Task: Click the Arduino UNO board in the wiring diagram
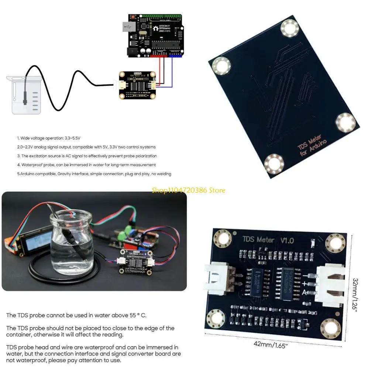tap(155, 36)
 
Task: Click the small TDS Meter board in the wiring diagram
tap(137, 85)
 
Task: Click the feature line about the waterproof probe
tap(88, 165)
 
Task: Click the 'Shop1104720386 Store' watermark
tap(188, 190)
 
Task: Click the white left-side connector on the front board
tap(218, 281)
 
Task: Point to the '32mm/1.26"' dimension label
tap(355, 295)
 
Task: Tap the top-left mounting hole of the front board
tap(223, 238)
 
